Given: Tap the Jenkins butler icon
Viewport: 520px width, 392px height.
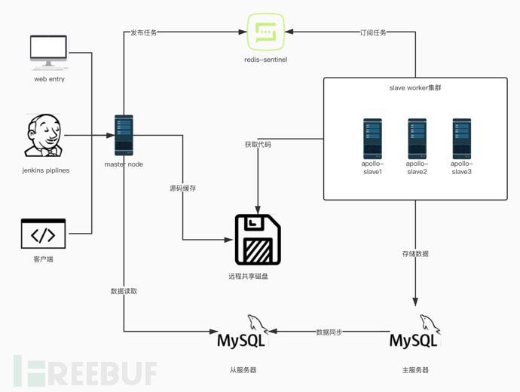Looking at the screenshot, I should (44, 136).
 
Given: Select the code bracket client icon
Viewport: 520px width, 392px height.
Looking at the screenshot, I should (43, 234).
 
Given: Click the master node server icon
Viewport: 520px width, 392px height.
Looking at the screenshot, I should (124, 136).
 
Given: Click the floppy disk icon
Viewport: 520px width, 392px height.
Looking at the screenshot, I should (258, 239).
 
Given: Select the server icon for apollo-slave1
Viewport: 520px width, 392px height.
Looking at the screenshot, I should (372, 137).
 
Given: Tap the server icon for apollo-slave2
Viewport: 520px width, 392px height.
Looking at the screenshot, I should (417, 137).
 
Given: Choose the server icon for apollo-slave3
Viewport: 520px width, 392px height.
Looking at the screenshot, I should (461, 137).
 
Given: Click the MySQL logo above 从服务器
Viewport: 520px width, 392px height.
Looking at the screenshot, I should (241, 333).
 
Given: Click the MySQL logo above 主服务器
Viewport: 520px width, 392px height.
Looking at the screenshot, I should (414, 333).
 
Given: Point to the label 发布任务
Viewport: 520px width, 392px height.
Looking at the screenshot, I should (144, 32).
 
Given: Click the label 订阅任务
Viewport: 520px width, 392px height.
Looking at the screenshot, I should (373, 32).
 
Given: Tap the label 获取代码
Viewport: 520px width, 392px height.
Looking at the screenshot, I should (257, 144).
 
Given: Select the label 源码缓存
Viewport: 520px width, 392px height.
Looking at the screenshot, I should (183, 188).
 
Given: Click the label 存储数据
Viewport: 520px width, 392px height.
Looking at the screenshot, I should (415, 254).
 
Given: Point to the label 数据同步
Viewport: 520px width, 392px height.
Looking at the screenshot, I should (329, 332).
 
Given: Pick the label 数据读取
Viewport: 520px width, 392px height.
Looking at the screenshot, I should (124, 290).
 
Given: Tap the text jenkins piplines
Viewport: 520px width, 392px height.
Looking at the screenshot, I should (46, 170).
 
